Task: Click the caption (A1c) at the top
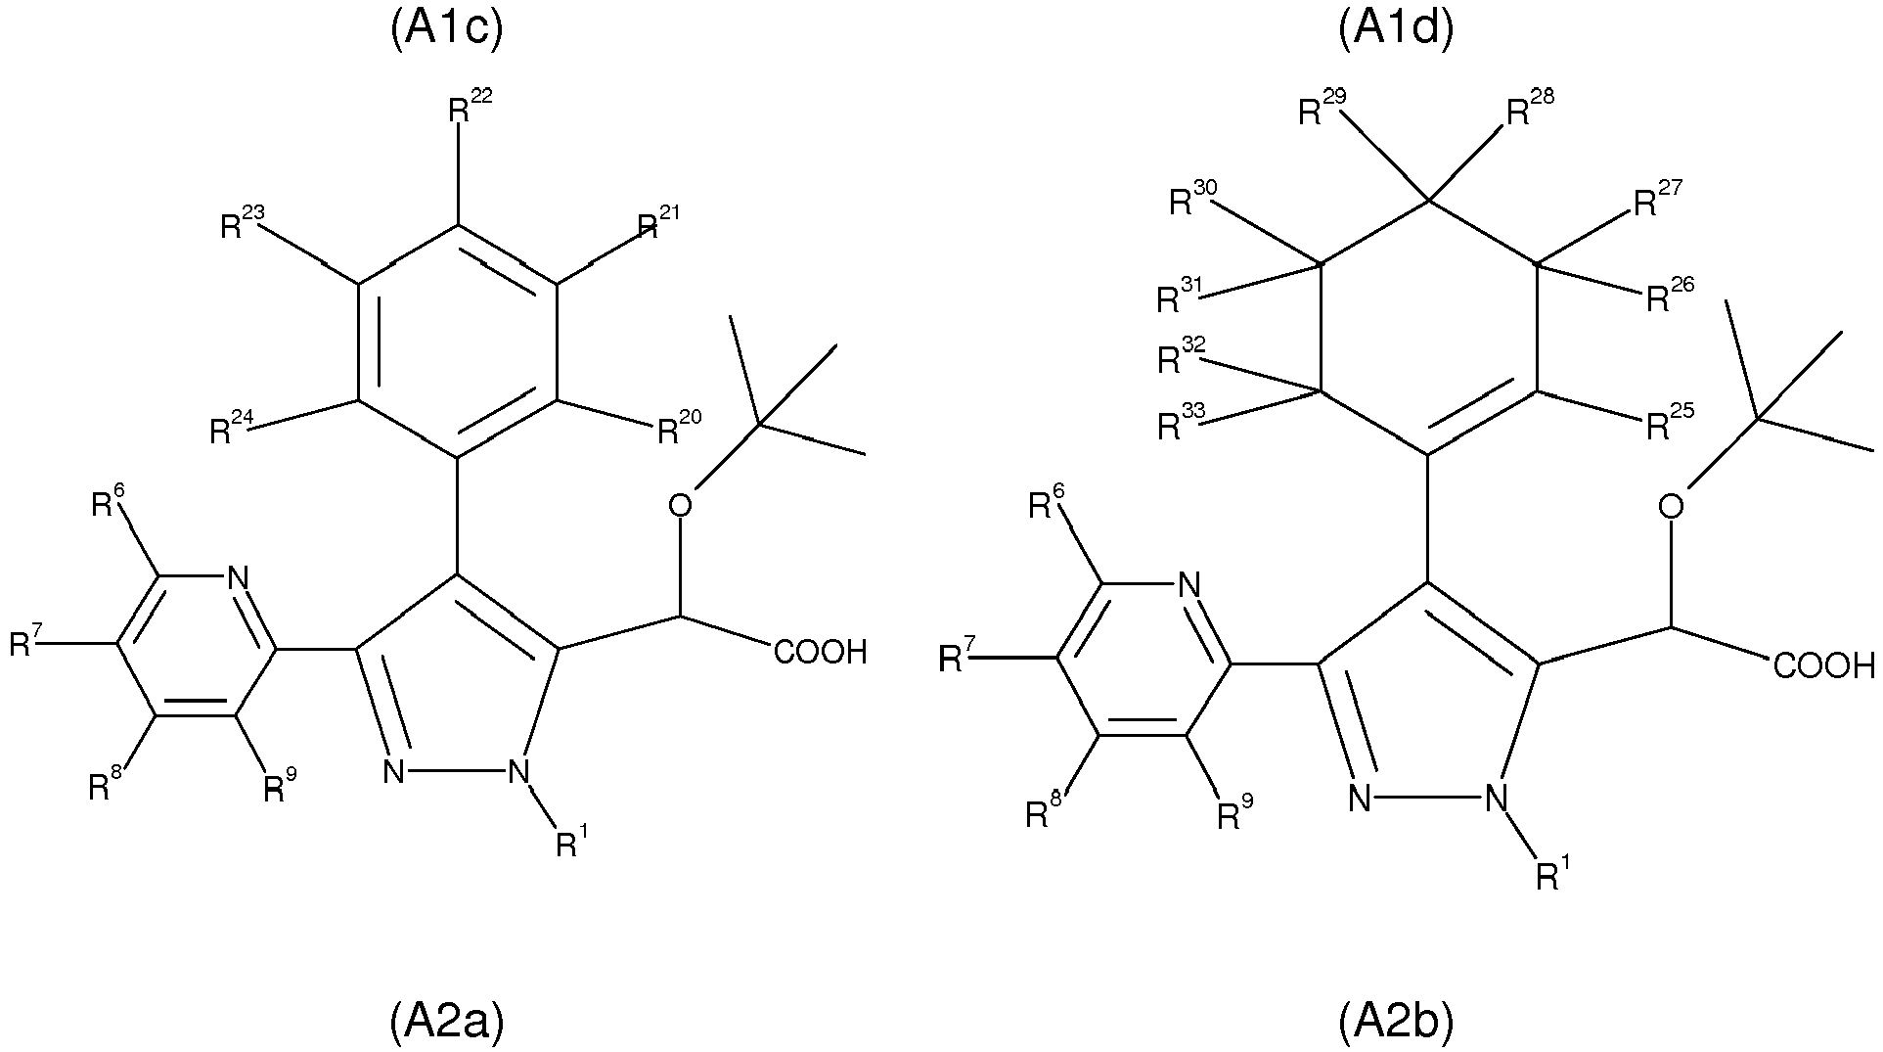pos(445,28)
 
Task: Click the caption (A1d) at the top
pos(1396,28)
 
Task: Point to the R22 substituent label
pos(471,106)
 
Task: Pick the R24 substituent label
pos(233,428)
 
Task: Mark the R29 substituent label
pos(1321,109)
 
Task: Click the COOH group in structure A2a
pos(820,652)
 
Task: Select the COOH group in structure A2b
pos(1824,666)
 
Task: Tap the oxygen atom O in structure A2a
pos(679,505)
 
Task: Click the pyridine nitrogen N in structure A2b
pos(1188,586)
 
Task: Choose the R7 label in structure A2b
pos(955,658)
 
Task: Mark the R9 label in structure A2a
pos(280,786)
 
